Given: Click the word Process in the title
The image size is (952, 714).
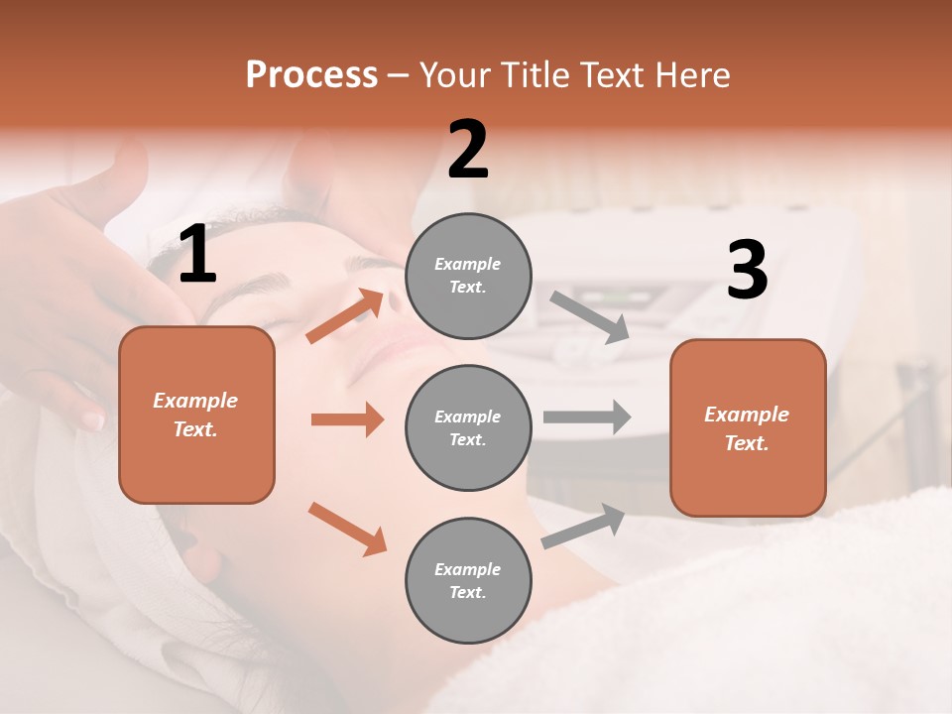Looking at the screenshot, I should click(311, 75).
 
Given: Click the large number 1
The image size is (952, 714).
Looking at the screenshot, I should click(197, 255).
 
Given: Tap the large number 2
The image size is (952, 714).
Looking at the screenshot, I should click(468, 150).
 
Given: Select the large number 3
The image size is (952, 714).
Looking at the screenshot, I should click(747, 270).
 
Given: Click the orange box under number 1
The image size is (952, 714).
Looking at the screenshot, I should click(196, 415).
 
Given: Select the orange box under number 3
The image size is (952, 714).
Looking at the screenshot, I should click(748, 428).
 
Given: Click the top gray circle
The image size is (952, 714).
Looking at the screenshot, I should click(468, 276).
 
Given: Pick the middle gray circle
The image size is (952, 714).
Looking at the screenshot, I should click(468, 428).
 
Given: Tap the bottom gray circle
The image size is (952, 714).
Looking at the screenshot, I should click(468, 581).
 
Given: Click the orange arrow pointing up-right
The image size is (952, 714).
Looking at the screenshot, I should click(345, 316).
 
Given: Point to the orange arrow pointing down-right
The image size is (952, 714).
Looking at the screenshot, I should click(347, 529).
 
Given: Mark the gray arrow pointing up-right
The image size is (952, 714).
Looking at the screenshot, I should click(583, 527).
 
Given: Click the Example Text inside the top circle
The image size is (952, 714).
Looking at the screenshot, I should click(468, 276).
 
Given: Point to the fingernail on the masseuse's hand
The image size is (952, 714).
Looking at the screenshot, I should click(92, 420).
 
